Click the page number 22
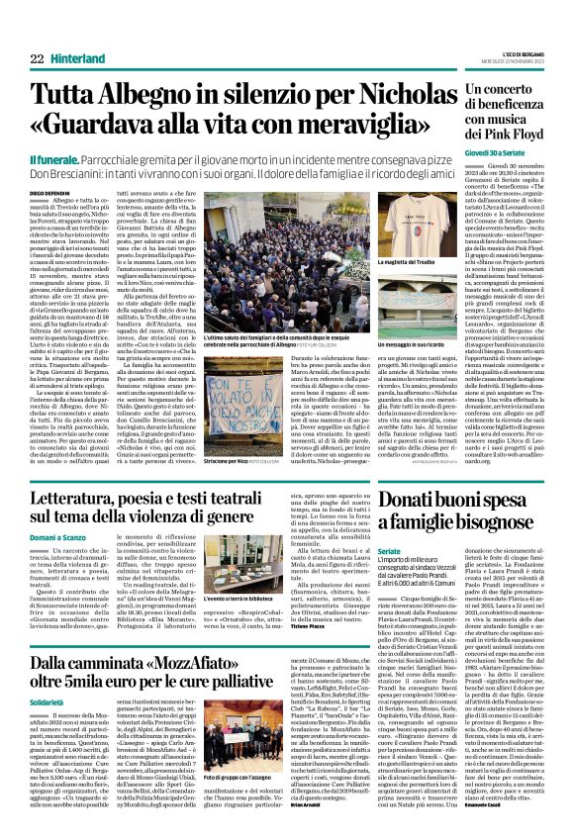point(38,59)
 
